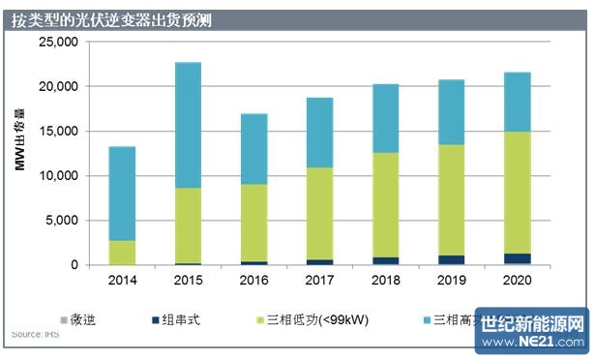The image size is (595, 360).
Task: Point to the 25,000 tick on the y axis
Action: (55, 43)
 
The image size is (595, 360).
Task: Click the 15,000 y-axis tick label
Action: (55, 132)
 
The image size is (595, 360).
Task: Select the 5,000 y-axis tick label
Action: (58, 221)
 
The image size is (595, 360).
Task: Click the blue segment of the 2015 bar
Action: (188, 125)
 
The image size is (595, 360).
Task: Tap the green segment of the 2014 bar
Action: (122, 252)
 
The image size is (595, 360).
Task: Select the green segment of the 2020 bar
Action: (518, 193)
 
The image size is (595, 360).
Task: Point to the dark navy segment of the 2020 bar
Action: (518, 258)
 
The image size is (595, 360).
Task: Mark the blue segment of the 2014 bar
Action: (122, 194)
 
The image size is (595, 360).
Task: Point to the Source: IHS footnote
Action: (33, 335)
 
